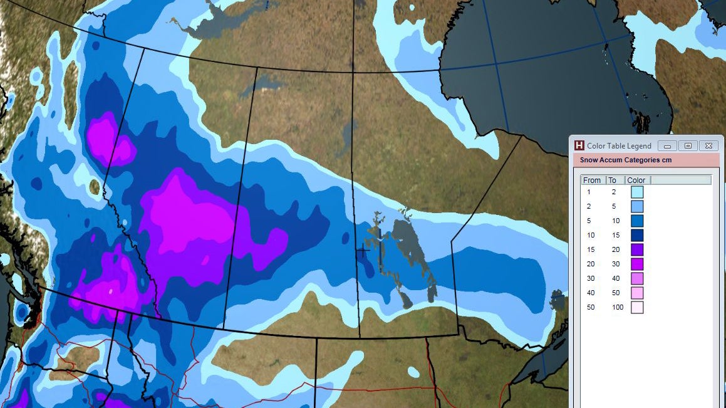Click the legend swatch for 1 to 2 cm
point(637,192)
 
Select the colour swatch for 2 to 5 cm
point(637,207)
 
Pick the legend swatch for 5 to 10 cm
point(637,221)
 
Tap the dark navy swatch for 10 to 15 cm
point(637,236)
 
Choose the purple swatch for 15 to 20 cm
point(637,250)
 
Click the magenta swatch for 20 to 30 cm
point(637,264)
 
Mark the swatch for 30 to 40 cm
point(637,278)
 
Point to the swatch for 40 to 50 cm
point(637,293)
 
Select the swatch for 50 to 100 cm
point(637,307)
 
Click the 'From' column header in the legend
point(593,180)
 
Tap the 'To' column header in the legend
point(613,180)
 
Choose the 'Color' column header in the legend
point(636,180)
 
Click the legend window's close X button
point(708,145)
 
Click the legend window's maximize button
point(688,145)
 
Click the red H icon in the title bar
point(579,145)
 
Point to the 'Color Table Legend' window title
point(619,145)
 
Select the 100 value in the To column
point(618,308)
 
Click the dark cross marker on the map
point(363,251)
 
